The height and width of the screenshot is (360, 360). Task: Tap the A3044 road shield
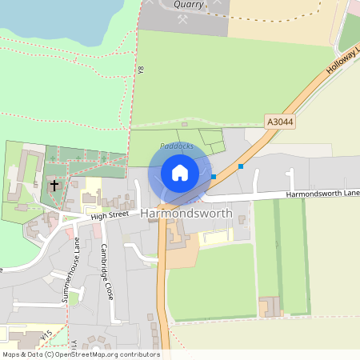pyautogui.click(x=279, y=122)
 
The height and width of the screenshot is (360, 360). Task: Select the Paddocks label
pyautogui.click(x=176, y=146)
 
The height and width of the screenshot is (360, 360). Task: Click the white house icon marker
pyautogui.click(x=180, y=173)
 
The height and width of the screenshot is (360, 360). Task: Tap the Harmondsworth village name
pyautogui.click(x=186, y=214)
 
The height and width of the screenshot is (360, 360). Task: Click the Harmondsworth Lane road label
pyautogui.click(x=322, y=194)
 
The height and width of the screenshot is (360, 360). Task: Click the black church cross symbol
pyautogui.click(x=54, y=186)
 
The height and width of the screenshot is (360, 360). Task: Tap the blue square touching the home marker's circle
pyautogui.click(x=213, y=176)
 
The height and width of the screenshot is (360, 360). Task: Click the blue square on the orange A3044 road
pyautogui.click(x=240, y=166)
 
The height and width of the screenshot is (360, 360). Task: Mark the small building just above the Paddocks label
pyautogui.click(x=184, y=125)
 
